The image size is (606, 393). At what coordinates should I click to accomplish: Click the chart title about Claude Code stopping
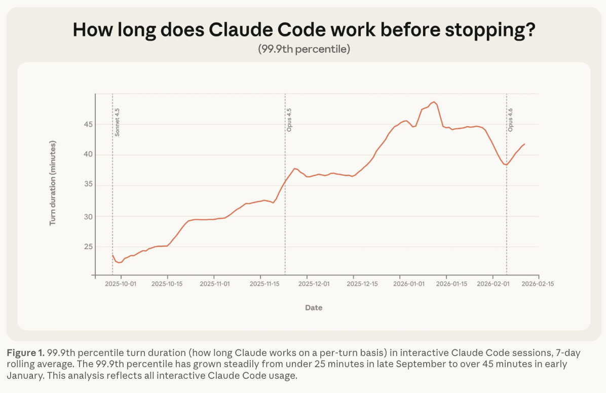pyautogui.click(x=304, y=29)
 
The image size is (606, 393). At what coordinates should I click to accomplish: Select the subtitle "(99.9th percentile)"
pyautogui.click(x=304, y=50)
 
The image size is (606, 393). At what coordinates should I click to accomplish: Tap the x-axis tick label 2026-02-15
pyautogui.click(x=538, y=284)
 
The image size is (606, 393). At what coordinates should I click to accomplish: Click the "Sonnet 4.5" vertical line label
pyautogui.click(x=118, y=122)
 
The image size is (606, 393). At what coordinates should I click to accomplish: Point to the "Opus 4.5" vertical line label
pyautogui.click(x=290, y=120)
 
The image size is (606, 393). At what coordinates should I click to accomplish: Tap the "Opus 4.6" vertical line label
pyautogui.click(x=511, y=120)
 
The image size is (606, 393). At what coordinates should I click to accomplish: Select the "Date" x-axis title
pyautogui.click(x=314, y=307)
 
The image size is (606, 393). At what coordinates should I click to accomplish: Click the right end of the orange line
pyautogui.click(x=524, y=144)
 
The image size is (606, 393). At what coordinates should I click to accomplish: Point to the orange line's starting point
pyautogui.click(x=112, y=255)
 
